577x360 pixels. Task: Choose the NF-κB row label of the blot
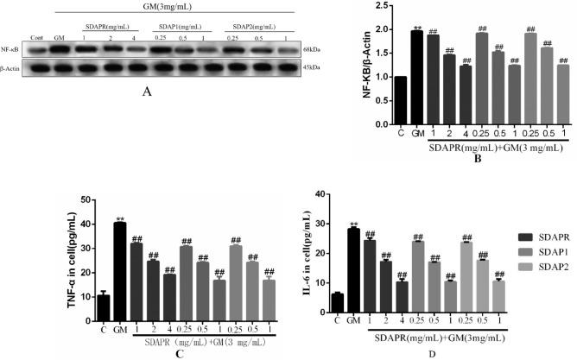click(x=11, y=50)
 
